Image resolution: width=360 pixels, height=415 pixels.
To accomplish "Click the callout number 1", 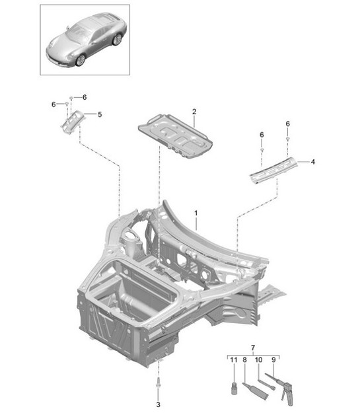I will (196, 212).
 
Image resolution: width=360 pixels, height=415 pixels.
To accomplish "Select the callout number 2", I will (194, 112).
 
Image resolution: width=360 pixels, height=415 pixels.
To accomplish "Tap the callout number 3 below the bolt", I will (158, 403).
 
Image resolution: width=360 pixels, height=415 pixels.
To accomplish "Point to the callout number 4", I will (312, 161).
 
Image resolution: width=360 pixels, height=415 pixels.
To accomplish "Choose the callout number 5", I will (99, 114).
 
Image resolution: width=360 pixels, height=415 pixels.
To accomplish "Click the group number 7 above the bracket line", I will (252, 347).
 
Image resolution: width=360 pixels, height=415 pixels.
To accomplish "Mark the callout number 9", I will (273, 360).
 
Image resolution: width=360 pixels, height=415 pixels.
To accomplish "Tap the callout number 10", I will (258, 360).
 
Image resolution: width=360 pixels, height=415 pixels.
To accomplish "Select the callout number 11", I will (232, 360).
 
